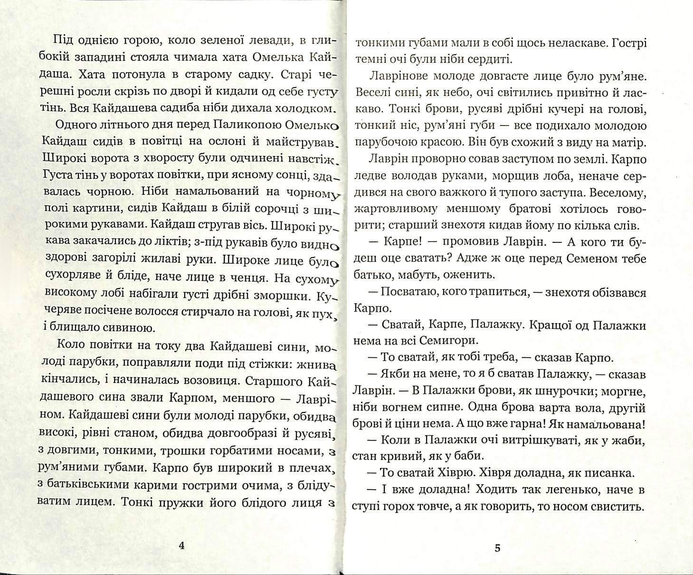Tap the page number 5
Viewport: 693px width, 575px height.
pos(498,548)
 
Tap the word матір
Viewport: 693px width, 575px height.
pos(629,143)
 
